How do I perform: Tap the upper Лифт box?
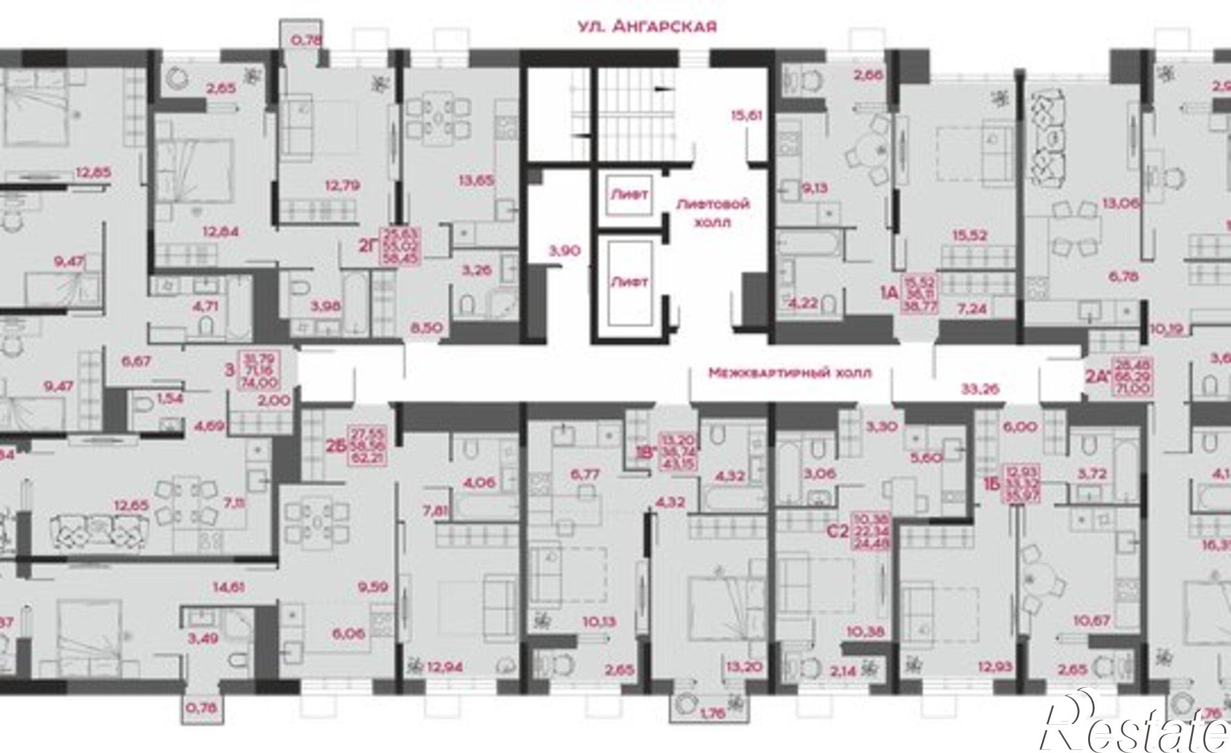(629, 195)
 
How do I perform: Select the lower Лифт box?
(629, 283)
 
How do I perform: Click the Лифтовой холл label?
(713, 212)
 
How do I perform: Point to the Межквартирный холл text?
(790, 373)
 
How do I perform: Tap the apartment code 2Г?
(367, 247)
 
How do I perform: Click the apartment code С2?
(838, 530)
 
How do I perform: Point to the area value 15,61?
(747, 115)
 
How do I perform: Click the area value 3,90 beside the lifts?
(564, 251)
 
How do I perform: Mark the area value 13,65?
(476, 180)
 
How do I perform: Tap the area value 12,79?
(343, 185)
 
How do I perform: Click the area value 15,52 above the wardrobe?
(969, 235)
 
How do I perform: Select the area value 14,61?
(229, 587)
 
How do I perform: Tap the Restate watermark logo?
(1139, 727)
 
